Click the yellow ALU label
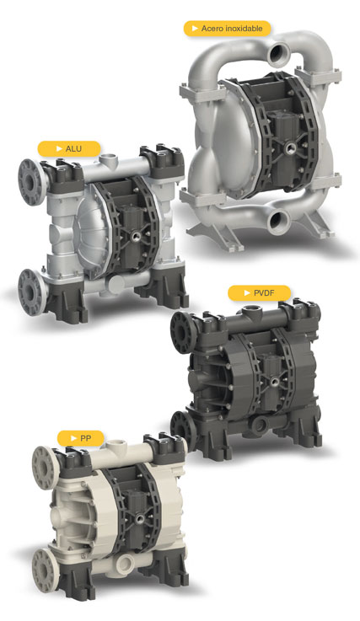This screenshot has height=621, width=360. coord(69,148)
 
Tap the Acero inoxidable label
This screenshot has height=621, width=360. coord(227,29)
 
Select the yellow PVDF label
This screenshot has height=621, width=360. coord(260,293)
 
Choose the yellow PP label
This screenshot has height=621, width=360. coord(80,438)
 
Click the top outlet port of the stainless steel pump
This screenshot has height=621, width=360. coord(279,54)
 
